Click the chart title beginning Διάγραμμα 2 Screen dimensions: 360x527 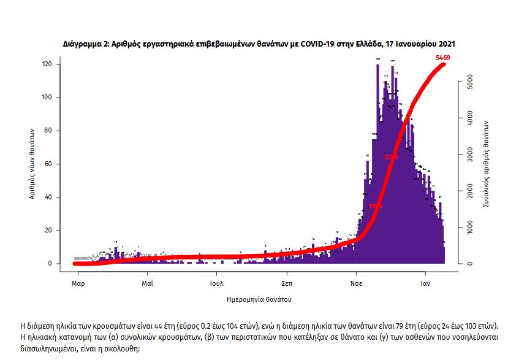[259, 45]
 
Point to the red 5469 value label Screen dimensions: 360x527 [443, 58]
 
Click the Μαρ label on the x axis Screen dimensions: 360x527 [77, 283]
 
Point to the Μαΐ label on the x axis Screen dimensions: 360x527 [147, 283]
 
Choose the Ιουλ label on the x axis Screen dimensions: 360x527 [216, 283]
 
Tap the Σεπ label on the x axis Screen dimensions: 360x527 [286, 283]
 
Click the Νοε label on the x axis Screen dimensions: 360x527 [355, 283]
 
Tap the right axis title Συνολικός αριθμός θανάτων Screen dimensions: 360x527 [485, 162]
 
